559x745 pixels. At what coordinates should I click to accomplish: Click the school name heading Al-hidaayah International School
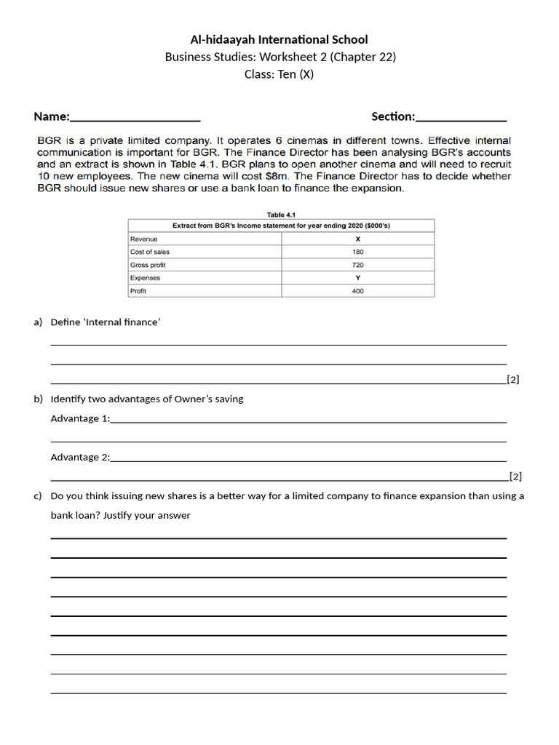tap(279, 39)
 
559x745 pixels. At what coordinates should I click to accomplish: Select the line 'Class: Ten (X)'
tap(279, 74)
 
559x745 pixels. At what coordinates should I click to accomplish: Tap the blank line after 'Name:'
tap(135, 118)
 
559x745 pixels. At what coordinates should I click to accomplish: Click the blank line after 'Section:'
tap(461, 118)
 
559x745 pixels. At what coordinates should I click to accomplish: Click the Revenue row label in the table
tap(143, 239)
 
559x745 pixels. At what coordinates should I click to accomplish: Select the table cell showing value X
tap(357, 239)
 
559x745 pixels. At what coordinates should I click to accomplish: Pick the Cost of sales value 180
tap(357, 252)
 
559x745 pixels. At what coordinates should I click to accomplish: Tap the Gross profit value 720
tap(357, 265)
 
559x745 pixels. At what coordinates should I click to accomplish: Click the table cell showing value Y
tap(357, 278)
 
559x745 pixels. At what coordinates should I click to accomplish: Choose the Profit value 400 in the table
tap(357, 291)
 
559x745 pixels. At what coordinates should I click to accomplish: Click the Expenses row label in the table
tap(145, 278)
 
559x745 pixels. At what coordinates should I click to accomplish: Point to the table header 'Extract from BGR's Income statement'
tap(281, 226)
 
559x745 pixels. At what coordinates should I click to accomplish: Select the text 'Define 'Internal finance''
tap(106, 322)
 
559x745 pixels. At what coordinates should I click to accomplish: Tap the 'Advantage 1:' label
tap(80, 418)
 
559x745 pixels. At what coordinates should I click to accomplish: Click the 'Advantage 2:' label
tap(80, 457)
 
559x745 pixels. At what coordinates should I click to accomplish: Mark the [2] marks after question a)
tap(512, 380)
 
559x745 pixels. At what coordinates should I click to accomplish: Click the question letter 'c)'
tap(37, 496)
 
